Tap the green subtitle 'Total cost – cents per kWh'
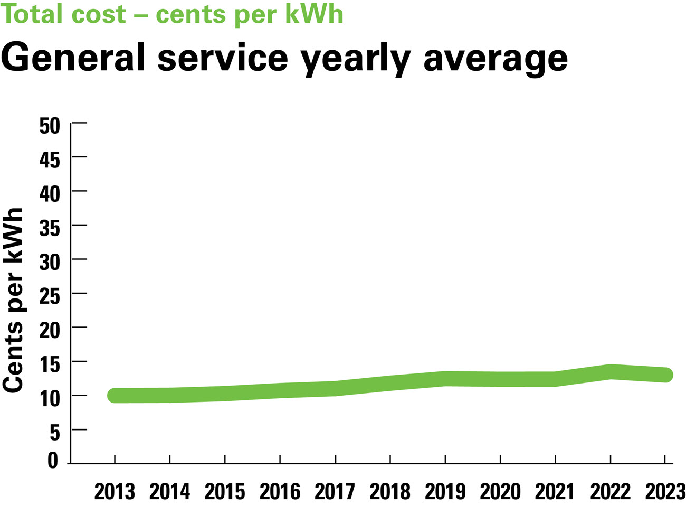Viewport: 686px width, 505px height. coord(172,14)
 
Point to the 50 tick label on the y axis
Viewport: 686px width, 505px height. coord(50,126)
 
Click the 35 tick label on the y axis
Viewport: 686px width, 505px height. coord(50,228)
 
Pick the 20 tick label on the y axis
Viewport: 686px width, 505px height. coord(50,331)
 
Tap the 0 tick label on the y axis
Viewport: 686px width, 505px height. coord(53,461)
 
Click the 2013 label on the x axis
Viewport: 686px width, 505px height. coord(115,492)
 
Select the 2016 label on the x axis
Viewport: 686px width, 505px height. coord(280,492)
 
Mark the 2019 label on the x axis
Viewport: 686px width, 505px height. coord(445,492)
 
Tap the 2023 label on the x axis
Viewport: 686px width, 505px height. coord(665,492)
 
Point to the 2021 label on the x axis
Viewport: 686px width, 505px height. coord(555,492)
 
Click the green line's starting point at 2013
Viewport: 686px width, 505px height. coord(115,395)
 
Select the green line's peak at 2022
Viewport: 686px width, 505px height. coord(610,371)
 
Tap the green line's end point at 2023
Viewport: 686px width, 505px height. coord(665,375)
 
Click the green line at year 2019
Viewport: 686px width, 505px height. coord(445,378)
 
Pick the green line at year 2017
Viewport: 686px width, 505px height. coord(335,388)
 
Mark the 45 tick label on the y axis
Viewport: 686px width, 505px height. coord(50,160)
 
